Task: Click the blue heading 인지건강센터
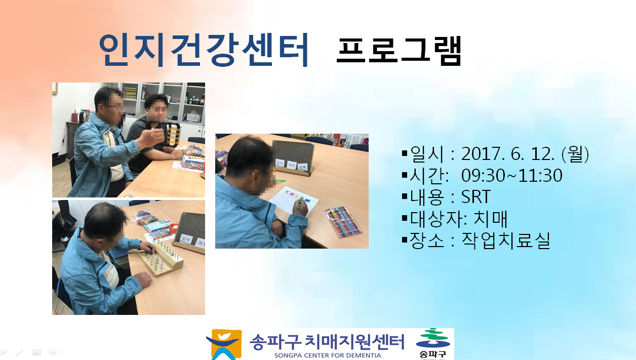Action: click(x=204, y=50)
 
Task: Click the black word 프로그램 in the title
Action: click(x=399, y=51)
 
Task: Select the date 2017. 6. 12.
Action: click(x=507, y=154)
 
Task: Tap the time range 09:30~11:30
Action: click(x=511, y=175)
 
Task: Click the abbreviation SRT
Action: click(x=476, y=196)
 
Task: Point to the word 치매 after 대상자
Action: click(x=491, y=219)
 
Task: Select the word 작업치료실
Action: click(x=506, y=241)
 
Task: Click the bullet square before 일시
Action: click(x=405, y=153)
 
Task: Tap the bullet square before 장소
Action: click(x=405, y=241)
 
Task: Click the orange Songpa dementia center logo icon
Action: click(x=225, y=344)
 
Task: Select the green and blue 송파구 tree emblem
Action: click(x=433, y=338)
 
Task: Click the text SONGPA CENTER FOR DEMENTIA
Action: click(x=328, y=355)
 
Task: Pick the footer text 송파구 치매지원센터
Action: click(x=327, y=342)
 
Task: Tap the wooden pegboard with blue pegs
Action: click(x=161, y=258)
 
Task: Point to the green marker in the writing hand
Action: click(x=299, y=205)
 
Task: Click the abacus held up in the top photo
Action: click(x=173, y=135)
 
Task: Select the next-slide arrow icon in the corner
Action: click(x=53, y=352)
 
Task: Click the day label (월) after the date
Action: click(x=575, y=154)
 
